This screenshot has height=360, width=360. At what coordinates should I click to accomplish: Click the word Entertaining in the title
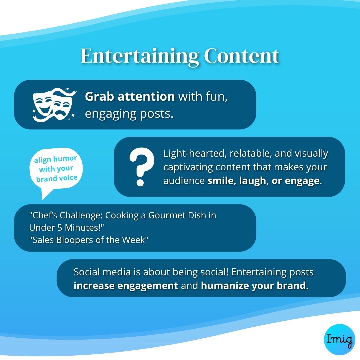[x=140, y=56]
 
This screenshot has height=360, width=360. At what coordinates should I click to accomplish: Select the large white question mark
[x=141, y=166]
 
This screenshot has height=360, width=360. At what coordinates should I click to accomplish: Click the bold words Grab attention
[x=130, y=96]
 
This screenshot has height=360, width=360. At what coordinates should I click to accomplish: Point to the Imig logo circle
[x=340, y=339]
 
